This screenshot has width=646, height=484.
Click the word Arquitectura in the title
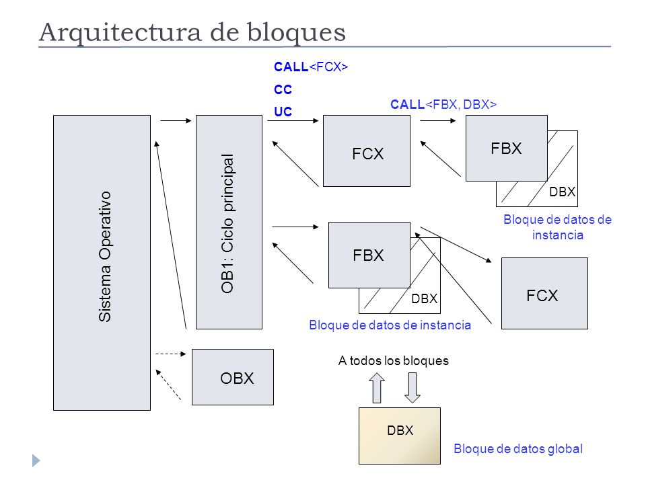point(120,32)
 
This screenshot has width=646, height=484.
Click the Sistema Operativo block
point(102,263)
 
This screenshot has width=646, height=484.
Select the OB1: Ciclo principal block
point(229,223)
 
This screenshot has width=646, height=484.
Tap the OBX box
point(233,377)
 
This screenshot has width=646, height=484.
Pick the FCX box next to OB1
point(367,151)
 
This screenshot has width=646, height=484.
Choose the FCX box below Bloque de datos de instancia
point(544,294)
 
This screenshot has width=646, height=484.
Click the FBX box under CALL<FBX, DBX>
point(507,148)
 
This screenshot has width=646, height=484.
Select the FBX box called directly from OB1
point(369,255)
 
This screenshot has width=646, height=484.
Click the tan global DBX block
point(400,436)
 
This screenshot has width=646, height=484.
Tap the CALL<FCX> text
point(311,67)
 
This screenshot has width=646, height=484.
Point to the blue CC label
point(283,89)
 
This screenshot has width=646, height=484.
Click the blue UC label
point(283,112)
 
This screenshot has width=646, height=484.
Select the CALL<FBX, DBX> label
point(443,105)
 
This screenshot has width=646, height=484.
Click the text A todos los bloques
point(394,360)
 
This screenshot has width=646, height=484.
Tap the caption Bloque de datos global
point(518,448)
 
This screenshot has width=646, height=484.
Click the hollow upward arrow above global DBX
point(377,388)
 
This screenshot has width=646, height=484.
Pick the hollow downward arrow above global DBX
point(412,388)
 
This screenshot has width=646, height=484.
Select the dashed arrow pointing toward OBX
point(171,354)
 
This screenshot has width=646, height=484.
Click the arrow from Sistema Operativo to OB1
point(176,120)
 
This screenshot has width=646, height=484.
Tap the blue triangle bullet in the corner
point(36,460)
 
